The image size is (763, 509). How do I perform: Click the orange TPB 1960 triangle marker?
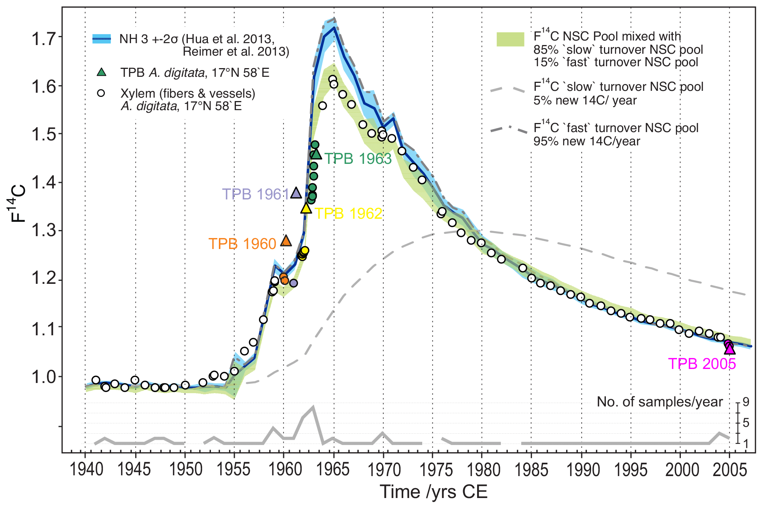(286, 241)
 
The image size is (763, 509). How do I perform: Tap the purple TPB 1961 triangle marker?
(296, 193)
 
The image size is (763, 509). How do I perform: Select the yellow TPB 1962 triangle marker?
(306, 208)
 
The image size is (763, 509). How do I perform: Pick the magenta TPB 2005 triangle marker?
(730, 349)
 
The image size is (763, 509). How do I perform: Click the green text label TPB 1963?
(358, 159)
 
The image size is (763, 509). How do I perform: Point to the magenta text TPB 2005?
(702, 364)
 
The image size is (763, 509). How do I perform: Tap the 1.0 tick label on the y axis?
(44, 377)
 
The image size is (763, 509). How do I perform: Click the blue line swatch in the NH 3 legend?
(101, 39)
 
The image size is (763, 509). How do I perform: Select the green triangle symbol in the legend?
(101, 72)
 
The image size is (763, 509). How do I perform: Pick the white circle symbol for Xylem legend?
(101, 93)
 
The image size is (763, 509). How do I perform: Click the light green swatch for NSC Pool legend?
(510, 39)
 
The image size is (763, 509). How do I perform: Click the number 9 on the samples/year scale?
(746, 402)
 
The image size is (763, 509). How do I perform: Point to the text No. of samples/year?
(660, 402)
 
